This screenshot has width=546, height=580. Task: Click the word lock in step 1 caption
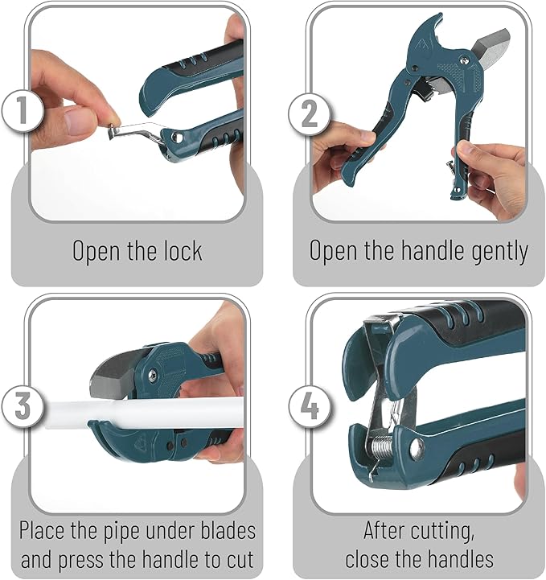click(180, 250)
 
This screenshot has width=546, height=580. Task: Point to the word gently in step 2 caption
click(496, 251)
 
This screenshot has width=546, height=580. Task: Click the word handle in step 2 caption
click(424, 251)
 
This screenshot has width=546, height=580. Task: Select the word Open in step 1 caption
click(96, 251)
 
